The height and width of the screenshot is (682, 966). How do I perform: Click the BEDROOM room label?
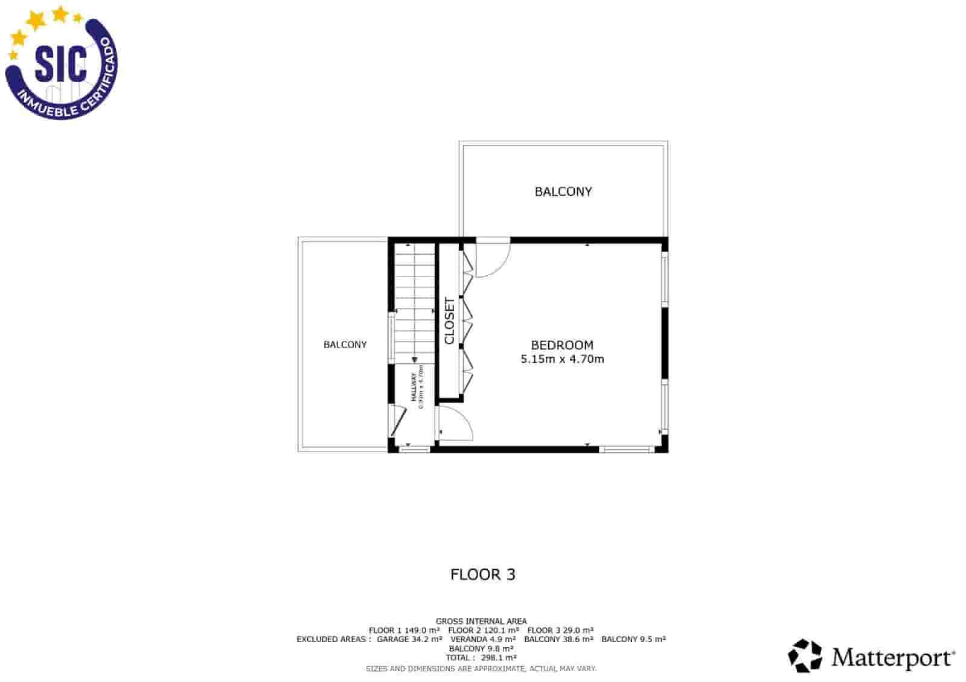(x=561, y=345)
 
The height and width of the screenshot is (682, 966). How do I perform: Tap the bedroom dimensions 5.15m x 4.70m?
(x=561, y=359)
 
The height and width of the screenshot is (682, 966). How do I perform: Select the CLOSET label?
(x=449, y=320)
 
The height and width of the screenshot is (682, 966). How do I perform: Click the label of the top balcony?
(x=563, y=192)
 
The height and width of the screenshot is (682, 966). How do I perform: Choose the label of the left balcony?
(x=345, y=345)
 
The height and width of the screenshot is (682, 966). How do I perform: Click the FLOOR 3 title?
(x=482, y=575)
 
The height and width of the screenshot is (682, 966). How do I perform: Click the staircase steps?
(x=415, y=302)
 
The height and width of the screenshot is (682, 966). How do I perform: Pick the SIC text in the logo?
(x=60, y=63)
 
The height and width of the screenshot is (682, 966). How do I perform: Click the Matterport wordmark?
(x=892, y=657)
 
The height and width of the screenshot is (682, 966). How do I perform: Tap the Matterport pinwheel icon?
(x=805, y=656)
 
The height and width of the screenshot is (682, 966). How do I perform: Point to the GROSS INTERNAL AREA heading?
(x=481, y=621)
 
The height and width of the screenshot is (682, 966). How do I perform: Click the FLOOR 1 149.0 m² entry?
(x=404, y=630)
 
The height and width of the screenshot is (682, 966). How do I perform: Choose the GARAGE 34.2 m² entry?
(x=409, y=639)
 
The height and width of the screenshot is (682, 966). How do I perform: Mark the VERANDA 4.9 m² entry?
(x=483, y=639)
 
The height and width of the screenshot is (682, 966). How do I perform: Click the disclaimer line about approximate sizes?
(x=481, y=669)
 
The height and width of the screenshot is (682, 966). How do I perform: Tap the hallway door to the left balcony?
(x=398, y=420)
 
